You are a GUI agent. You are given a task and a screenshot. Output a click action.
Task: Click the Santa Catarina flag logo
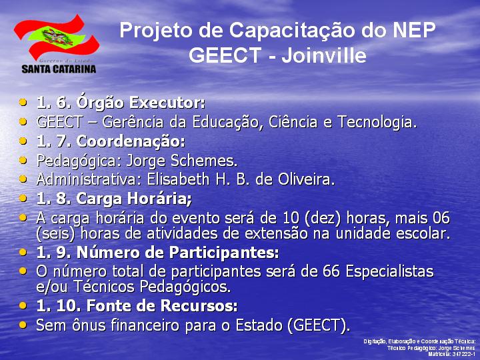tap(57, 37)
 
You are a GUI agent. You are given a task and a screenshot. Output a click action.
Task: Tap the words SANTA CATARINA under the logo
tap(59, 69)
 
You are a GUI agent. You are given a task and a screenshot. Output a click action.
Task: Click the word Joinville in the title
tap(324, 55)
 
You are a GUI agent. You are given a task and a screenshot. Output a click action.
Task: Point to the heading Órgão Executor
tap(141, 102)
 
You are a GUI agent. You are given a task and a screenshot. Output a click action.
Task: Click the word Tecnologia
tap(377, 122)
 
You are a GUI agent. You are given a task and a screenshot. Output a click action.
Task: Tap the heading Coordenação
tap(131, 141)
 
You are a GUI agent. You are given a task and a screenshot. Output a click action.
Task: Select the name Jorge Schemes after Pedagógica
tap(182, 161)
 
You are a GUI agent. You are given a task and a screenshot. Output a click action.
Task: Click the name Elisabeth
tap(178, 179)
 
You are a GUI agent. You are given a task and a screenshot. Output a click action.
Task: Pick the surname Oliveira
tap(307, 179)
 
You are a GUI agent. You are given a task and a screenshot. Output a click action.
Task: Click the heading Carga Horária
tap(134, 199)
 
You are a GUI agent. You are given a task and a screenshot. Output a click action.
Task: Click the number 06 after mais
tap(441, 218)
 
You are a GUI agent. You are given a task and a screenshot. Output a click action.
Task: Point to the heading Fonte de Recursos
tap(161, 306)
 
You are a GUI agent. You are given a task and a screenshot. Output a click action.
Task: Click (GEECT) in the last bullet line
tap(319, 325)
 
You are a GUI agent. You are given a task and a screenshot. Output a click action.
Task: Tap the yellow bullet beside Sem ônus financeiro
tap(23, 325)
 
